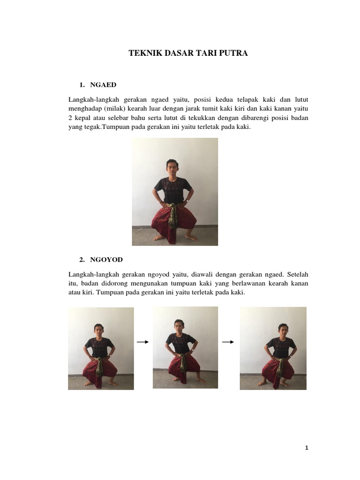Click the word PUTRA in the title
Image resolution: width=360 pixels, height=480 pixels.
(x=234, y=53)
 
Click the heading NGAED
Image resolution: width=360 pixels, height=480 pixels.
(x=103, y=85)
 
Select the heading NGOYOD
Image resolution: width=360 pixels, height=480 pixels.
(x=106, y=260)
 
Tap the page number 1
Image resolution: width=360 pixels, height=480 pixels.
(x=307, y=448)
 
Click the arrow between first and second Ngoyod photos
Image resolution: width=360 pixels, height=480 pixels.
(x=142, y=342)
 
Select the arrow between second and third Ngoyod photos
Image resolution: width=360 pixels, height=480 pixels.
(x=228, y=342)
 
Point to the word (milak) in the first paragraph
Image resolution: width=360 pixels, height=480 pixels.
(x=115, y=109)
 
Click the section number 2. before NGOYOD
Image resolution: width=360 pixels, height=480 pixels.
(x=82, y=260)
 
